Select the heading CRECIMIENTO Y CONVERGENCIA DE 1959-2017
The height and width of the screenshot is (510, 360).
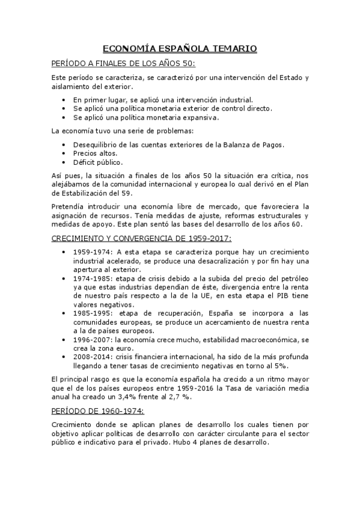(141, 239)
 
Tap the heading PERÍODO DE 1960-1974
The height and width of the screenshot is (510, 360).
(97, 411)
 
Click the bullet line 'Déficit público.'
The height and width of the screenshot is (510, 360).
(99, 162)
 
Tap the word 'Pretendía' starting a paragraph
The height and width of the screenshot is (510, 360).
(69, 206)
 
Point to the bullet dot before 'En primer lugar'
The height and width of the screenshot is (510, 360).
(64, 100)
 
